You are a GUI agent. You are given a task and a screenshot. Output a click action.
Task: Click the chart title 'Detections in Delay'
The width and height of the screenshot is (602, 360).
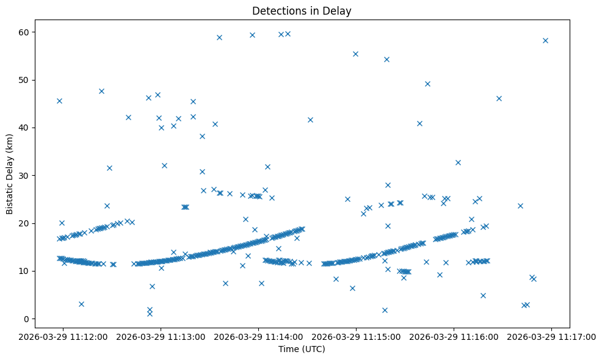coord(302,11)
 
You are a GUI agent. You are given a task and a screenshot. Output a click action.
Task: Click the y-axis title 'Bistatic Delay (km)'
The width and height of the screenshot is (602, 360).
coord(10,173)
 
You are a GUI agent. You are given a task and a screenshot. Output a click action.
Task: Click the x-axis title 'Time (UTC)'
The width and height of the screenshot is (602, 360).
coord(302,349)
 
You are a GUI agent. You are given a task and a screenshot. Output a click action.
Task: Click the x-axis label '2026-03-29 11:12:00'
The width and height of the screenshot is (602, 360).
coord(63,336)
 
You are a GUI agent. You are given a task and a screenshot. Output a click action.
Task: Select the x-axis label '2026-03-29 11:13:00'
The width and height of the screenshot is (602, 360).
coord(161,336)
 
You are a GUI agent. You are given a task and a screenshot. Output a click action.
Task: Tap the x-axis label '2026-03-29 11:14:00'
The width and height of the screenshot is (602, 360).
coord(259,336)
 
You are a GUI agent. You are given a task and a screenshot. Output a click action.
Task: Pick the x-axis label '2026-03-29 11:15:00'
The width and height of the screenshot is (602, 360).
coord(357,336)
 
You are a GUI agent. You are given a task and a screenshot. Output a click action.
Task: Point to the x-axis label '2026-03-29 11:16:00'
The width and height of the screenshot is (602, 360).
coord(454,336)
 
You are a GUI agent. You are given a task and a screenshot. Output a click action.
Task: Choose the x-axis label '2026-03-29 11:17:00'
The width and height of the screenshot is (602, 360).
coord(552,336)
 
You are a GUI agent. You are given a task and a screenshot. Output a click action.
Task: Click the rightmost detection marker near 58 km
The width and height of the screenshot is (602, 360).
coord(545,40)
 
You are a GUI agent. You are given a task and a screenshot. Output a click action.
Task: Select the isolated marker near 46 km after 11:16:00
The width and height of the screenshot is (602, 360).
coord(499,98)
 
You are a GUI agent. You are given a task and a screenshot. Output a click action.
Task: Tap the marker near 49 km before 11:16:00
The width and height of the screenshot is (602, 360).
coord(427,84)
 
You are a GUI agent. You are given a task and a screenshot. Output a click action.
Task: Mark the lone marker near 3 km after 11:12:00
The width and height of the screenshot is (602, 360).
coord(81,304)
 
